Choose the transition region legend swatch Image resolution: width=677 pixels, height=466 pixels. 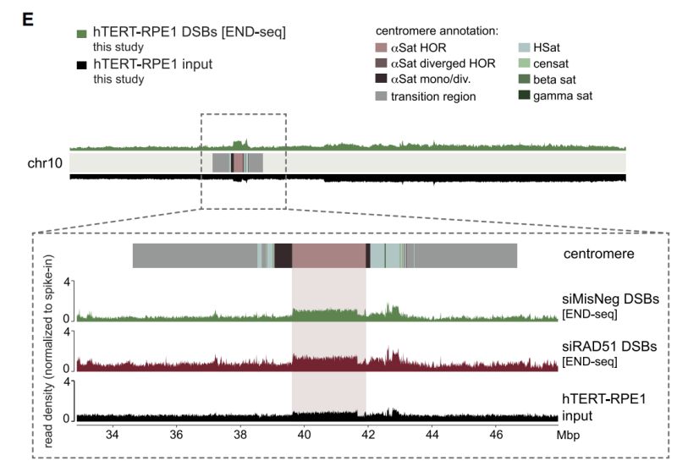[x=380, y=96]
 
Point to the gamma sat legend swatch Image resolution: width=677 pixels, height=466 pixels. [x=525, y=95]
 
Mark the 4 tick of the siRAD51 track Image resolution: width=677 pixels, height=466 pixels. [x=67, y=332]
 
